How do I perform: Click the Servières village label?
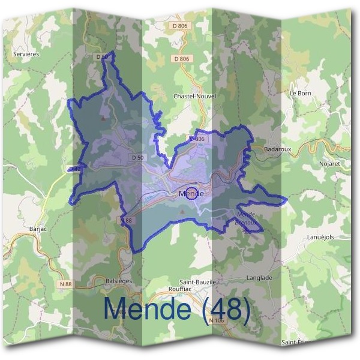pyautogui.click(x=26, y=54)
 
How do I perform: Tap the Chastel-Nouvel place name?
pyautogui.click(x=194, y=96)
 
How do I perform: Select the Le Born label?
pyautogui.click(x=300, y=94)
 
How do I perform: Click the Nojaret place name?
pyautogui.click(x=329, y=163)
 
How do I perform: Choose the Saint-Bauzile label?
pyautogui.click(x=197, y=281)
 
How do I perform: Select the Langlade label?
pyautogui.click(x=259, y=278)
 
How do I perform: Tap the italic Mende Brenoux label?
pyautogui.click(x=247, y=218)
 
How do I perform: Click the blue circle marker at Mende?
pyautogui.click(x=192, y=193)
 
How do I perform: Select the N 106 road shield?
pyautogui.click(x=217, y=320)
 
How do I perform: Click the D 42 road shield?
pyautogui.click(x=75, y=169)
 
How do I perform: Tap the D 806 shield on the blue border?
pyautogui.click(x=197, y=139)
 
